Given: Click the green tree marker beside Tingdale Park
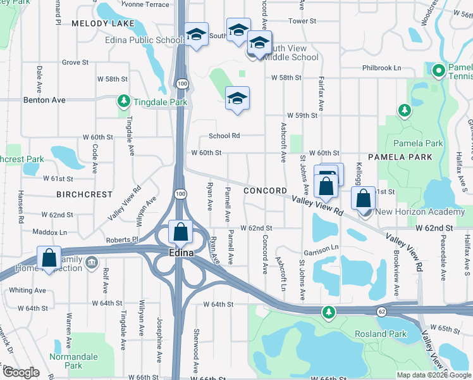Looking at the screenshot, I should point(123,101).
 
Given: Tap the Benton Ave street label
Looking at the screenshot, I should point(44,100).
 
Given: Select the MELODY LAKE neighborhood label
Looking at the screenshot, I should point(103,23).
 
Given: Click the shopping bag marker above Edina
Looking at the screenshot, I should point(181,232).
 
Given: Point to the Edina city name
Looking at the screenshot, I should point(181,252).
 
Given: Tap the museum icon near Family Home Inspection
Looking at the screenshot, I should point(92,262).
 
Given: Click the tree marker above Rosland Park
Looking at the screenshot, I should point(328,311).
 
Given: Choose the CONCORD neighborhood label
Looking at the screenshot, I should point(266,191).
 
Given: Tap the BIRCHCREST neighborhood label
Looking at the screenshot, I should point(84,194).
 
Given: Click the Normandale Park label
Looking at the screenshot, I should point(74,361).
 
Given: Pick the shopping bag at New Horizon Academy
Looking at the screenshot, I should point(364,198).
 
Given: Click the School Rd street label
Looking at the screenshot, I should point(224,136).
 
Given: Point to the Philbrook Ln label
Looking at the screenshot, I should point(382,68).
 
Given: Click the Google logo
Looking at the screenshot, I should point(21,373).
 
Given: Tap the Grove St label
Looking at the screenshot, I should point(75,63).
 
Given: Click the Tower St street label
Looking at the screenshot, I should point(302,21).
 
